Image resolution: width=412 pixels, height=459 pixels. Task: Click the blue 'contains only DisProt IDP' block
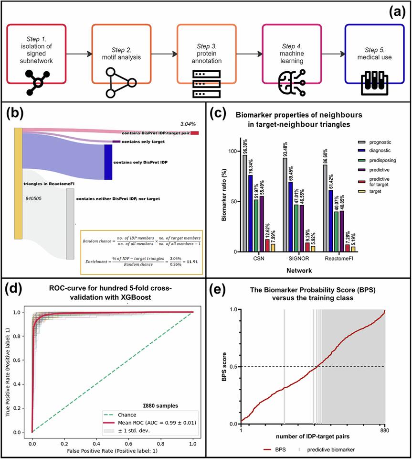click(108, 162)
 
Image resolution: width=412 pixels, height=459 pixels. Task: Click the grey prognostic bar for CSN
click(245, 203)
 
